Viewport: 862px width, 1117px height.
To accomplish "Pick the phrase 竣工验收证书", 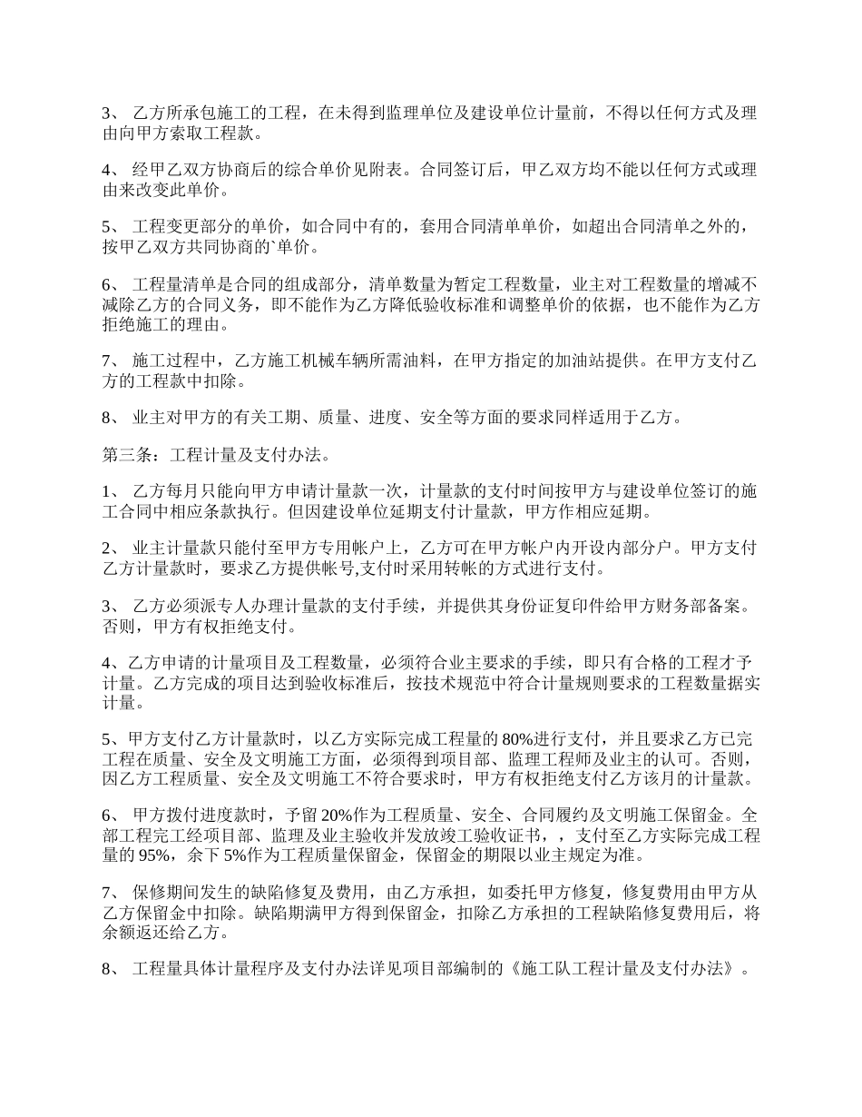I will click(498, 835).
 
